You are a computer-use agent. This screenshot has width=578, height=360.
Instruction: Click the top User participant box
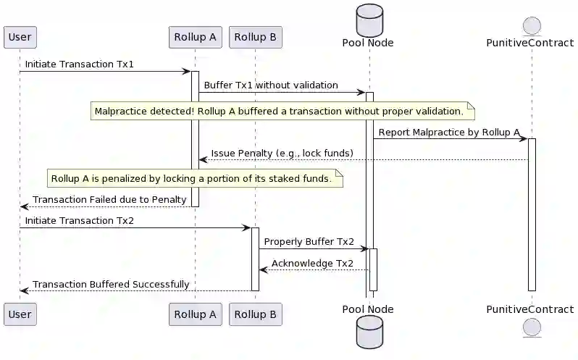coord(20,36)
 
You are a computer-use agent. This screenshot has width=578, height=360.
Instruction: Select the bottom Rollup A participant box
coord(195,314)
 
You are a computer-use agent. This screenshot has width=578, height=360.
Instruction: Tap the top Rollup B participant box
coord(255,36)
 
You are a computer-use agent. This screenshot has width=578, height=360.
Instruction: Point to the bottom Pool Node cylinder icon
coord(368,335)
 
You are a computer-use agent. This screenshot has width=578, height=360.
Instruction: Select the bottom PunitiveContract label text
coord(532,309)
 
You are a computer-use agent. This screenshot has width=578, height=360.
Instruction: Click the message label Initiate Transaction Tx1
coord(80,64)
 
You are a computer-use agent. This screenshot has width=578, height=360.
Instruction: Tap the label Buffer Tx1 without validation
coord(271,85)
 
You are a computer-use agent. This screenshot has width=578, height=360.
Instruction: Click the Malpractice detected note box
coord(283,112)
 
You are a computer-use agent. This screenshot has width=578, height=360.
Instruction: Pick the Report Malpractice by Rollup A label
coord(449,132)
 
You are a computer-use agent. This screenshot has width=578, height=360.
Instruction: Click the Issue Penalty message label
coord(282,153)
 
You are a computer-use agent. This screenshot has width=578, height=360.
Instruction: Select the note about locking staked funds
coord(195,178)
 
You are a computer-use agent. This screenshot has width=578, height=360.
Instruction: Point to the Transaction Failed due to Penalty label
coord(109,200)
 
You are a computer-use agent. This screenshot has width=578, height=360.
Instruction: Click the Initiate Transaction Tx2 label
coord(80,220)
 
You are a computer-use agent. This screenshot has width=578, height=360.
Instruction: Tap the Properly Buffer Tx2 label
coord(309,241)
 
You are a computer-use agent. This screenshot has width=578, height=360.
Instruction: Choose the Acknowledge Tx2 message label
coord(312,263)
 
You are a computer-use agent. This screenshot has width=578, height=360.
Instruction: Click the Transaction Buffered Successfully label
coord(111,284)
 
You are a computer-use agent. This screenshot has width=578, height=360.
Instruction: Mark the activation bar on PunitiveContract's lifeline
coord(532,214)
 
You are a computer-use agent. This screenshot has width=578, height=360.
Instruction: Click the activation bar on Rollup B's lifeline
coord(255,259)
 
